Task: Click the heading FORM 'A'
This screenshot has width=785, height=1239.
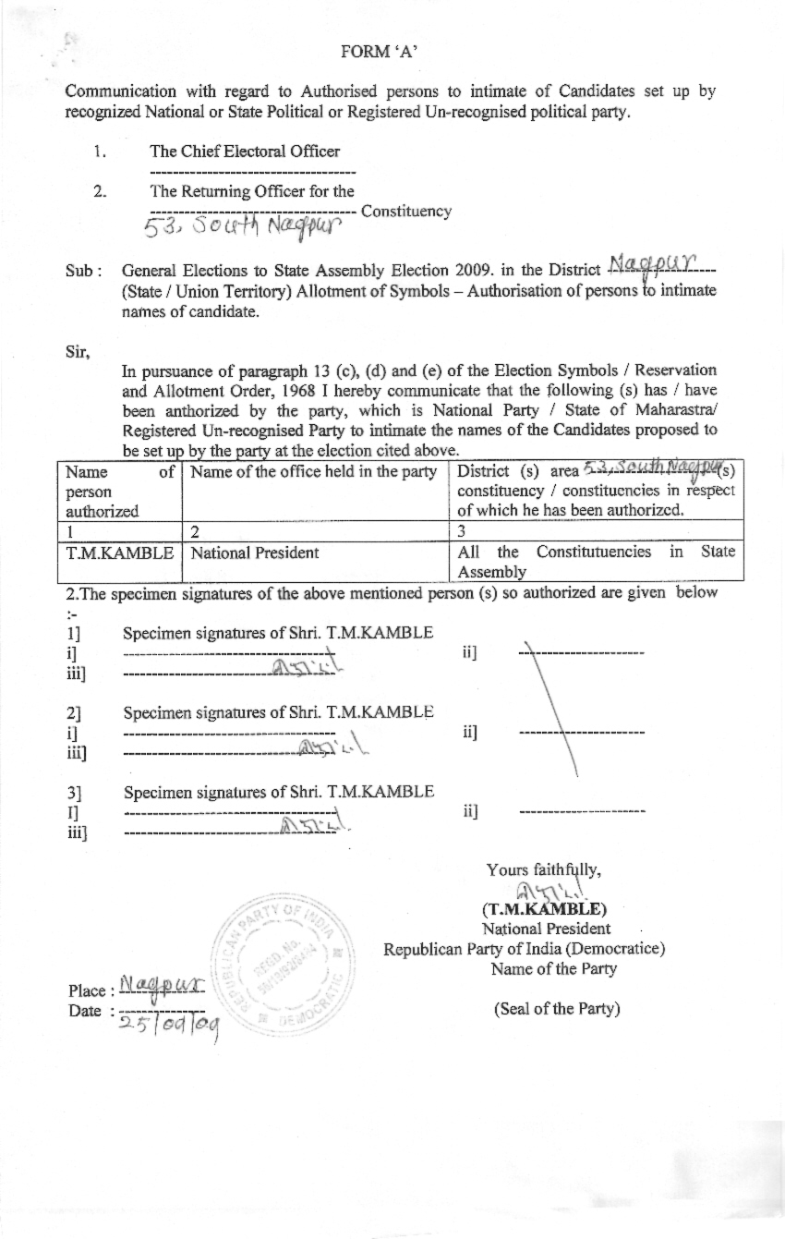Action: (380, 53)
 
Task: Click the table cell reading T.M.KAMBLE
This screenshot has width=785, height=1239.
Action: (120, 553)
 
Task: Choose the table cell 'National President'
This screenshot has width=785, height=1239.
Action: (254, 553)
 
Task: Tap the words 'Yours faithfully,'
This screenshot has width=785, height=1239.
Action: (544, 869)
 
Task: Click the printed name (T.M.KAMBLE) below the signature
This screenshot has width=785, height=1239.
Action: (537, 909)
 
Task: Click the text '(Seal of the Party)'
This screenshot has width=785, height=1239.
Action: (557, 1008)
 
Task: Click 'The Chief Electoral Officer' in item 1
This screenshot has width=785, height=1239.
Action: (245, 152)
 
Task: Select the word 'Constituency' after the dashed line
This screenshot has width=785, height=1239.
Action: (406, 212)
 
